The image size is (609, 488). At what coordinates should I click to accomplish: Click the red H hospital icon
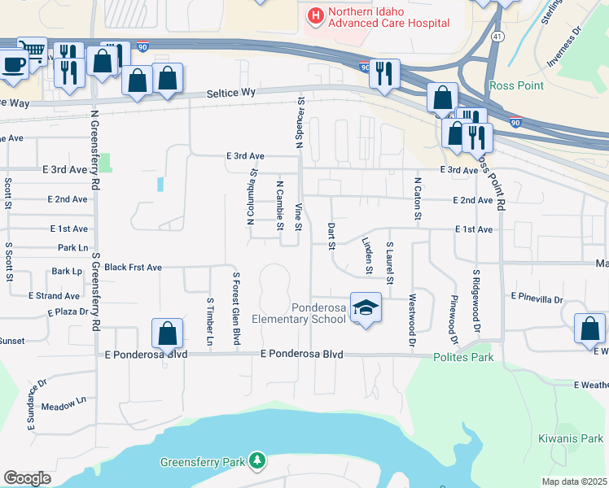314,14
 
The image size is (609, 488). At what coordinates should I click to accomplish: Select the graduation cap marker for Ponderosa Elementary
366,307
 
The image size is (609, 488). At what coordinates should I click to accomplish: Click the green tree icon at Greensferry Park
258,462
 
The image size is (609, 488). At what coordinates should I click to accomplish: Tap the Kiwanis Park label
570,438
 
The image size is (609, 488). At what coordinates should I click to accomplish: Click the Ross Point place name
510,85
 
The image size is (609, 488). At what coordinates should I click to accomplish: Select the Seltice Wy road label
231,94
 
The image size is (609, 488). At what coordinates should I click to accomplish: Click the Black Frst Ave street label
134,267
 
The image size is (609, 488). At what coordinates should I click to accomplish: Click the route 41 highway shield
496,37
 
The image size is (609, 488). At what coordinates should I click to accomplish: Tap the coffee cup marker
12,63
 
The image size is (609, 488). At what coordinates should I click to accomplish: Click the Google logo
27,478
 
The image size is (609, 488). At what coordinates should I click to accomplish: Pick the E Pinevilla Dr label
537,299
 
